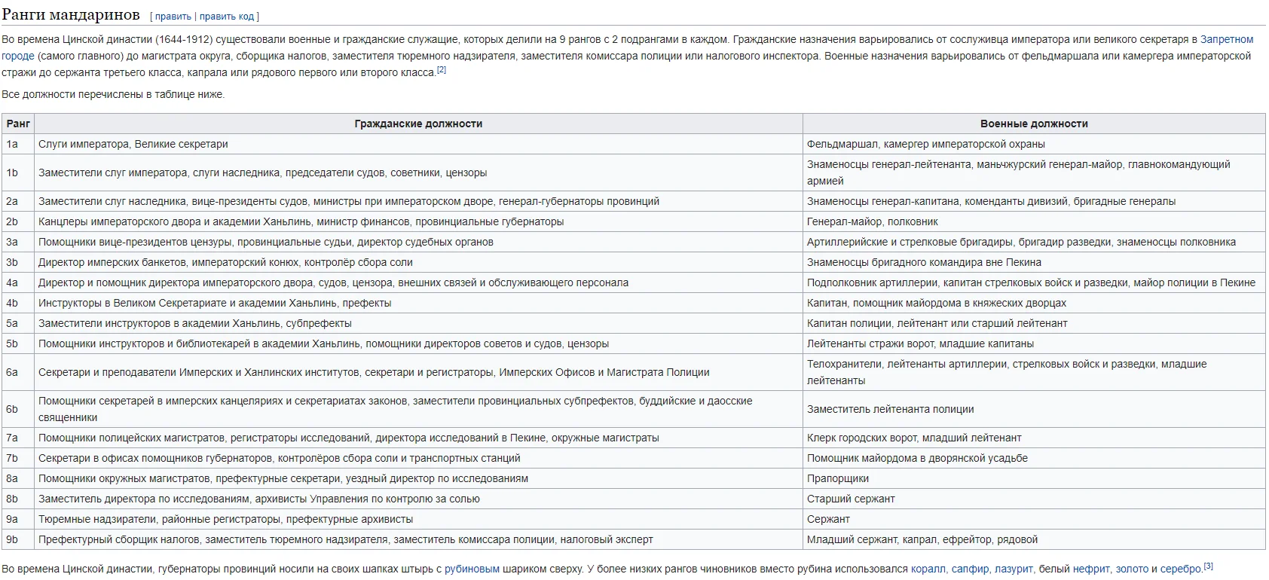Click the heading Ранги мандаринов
[x=71, y=14]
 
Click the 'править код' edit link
[x=228, y=16]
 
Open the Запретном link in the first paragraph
[x=1227, y=39]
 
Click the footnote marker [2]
[x=442, y=70]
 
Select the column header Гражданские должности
[x=418, y=124]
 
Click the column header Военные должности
[x=1033, y=124]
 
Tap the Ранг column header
[x=18, y=124]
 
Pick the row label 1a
[x=12, y=144]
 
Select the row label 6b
[x=12, y=409]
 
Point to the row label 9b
[x=12, y=539]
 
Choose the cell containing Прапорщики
[x=838, y=478]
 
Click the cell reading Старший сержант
[x=851, y=499]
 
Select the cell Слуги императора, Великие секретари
[x=133, y=144]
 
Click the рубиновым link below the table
[x=472, y=569]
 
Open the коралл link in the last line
[x=928, y=569]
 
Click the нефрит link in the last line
[x=1090, y=569]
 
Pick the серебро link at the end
[x=1181, y=569]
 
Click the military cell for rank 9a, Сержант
[x=828, y=519]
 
